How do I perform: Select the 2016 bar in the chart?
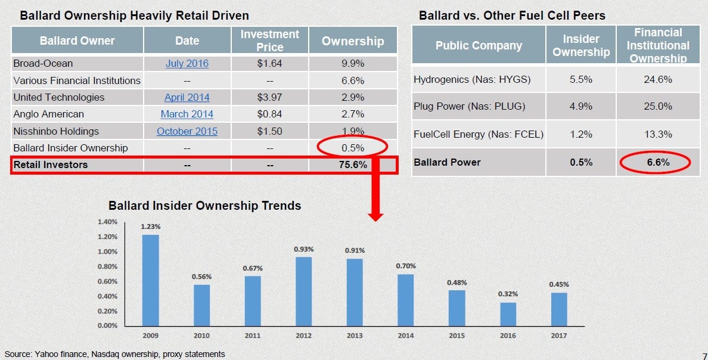point(508,314)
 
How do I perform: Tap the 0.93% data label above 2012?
point(303,249)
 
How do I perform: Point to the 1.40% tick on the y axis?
point(107,222)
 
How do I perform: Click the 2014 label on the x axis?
point(405,336)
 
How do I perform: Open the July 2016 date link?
point(187,63)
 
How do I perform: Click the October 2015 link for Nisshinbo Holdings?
point(187,131)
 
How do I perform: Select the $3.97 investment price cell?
point(269,97)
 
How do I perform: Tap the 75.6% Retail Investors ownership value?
point(352,165)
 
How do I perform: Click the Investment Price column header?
point(269,41)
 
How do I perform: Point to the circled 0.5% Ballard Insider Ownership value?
point(352,147)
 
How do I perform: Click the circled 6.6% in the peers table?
point(658,162)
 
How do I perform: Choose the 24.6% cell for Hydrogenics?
point(658,79)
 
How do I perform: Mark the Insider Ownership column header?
point(580,45)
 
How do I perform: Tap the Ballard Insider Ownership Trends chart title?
point(204,206)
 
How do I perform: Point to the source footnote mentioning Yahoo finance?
point(115,354)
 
